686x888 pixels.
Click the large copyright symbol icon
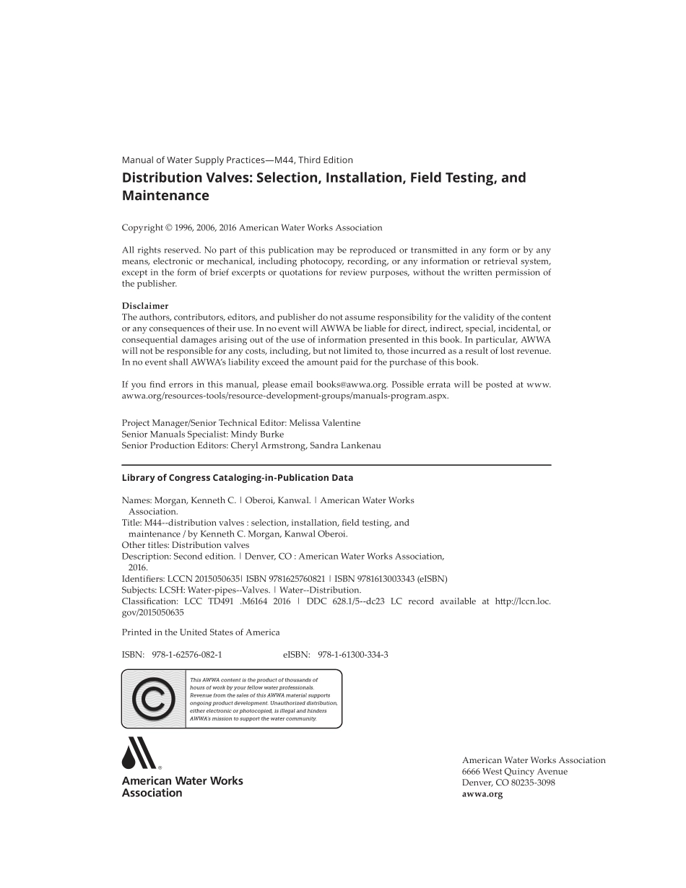click(153, 699)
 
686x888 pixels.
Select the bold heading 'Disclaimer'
click(145, 306)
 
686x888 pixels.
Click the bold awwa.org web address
click(482, 794)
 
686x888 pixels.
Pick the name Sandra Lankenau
click(345, 446)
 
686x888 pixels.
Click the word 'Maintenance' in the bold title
click(165, 196)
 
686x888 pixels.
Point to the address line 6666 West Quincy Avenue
click(515, 772)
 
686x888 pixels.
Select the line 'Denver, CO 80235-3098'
click(508, 783)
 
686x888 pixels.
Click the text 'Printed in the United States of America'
click(201, 632)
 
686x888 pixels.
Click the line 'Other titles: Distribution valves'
click(186, 545)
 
